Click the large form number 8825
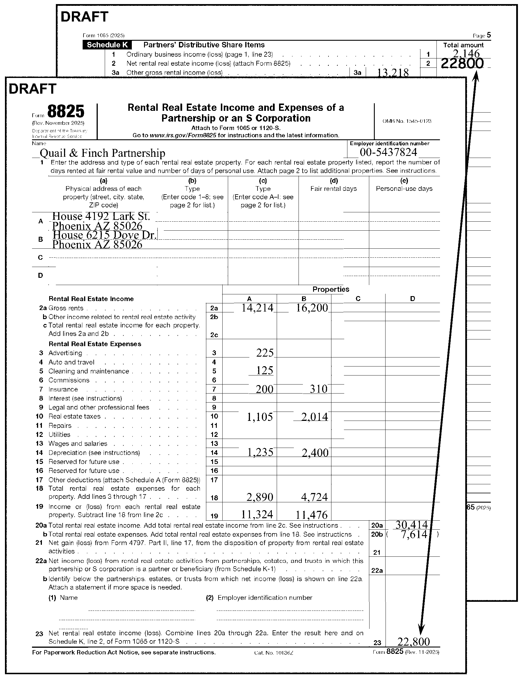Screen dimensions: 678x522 click(66, 111)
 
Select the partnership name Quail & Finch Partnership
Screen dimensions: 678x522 click(102, 153)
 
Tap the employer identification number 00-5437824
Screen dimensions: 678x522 click(388, 152)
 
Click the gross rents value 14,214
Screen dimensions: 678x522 click(258, 308)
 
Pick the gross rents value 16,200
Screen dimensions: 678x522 click(312, 308)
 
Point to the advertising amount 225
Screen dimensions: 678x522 click(264, 353)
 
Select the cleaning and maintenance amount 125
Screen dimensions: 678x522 click(264, 371)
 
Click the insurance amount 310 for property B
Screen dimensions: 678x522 click(319, 389)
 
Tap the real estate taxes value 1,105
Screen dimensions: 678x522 click(260, 417)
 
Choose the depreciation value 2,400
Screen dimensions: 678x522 click(315, 453)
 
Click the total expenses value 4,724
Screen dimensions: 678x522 click(314, 497)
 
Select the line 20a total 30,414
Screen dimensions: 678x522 click(411, 525)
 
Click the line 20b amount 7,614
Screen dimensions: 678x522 click(414, 535)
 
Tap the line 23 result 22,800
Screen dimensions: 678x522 click(413, 641)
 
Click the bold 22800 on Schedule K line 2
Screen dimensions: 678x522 click(462, 64)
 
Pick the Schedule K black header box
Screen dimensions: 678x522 click(107, 45)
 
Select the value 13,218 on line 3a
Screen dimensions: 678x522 click(393, 73)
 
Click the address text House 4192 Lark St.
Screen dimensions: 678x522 click(101, 216)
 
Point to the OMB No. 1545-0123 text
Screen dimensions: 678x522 click(407, 121)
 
